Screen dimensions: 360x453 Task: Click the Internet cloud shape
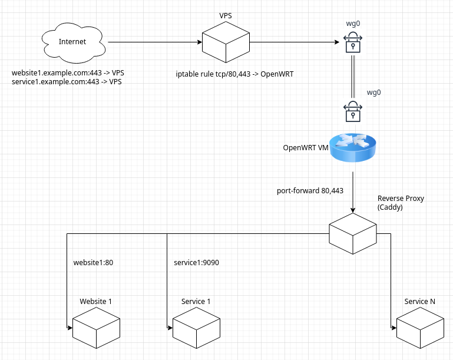tap(72, 42)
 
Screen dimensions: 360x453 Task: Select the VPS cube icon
tap(226, 42)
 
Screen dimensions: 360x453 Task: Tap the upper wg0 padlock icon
tap(352, 44)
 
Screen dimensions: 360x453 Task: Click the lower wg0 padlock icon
tap(352, 111)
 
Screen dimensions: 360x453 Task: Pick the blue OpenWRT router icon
tap(352, 148)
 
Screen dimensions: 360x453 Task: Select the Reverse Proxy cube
tap(352, 234)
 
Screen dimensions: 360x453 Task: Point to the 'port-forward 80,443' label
tap(310, 191)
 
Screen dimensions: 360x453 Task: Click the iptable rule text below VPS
tap(234, 74)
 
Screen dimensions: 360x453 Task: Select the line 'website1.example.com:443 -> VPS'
tap(68, 72)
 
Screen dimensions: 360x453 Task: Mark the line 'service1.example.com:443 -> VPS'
tap(67, 81)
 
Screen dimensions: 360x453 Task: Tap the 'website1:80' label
tap(93, 262)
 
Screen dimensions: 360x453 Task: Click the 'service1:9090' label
tap(197, 262)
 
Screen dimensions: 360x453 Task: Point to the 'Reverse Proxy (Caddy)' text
tap(401, 203)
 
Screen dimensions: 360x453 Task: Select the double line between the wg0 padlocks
tap(352, 77)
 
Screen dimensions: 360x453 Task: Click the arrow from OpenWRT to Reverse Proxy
tap(352, 192)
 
